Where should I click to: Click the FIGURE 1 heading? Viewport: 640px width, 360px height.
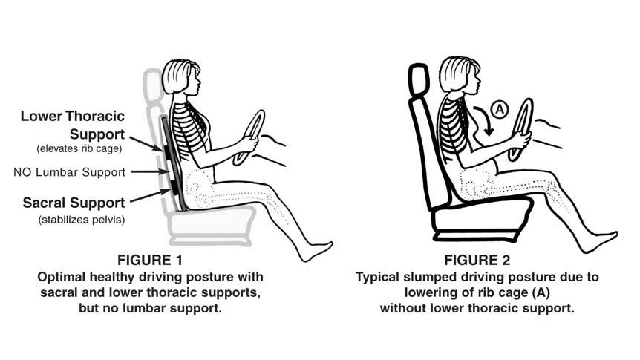point(150,260)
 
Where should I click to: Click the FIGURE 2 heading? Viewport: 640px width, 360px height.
point(477,260)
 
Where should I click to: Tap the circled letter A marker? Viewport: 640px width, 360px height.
point(500,109)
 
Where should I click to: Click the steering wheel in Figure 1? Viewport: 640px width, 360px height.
point(249,137)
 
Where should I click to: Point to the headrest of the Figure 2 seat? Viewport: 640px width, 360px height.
point(419,79)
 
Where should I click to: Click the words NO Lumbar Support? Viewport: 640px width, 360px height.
point(69,172)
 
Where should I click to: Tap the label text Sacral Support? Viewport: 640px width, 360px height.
point(74,203)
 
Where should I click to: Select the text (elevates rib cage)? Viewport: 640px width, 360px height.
point(79,148)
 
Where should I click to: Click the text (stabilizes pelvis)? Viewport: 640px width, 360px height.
point(82,220)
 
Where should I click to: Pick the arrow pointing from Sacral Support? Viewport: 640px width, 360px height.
point(150,195)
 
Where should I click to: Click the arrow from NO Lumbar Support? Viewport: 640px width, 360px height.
point(150,172)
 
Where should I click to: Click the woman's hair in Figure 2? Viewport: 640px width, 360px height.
point(454,73)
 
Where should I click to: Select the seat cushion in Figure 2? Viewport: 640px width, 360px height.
point(481,218)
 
